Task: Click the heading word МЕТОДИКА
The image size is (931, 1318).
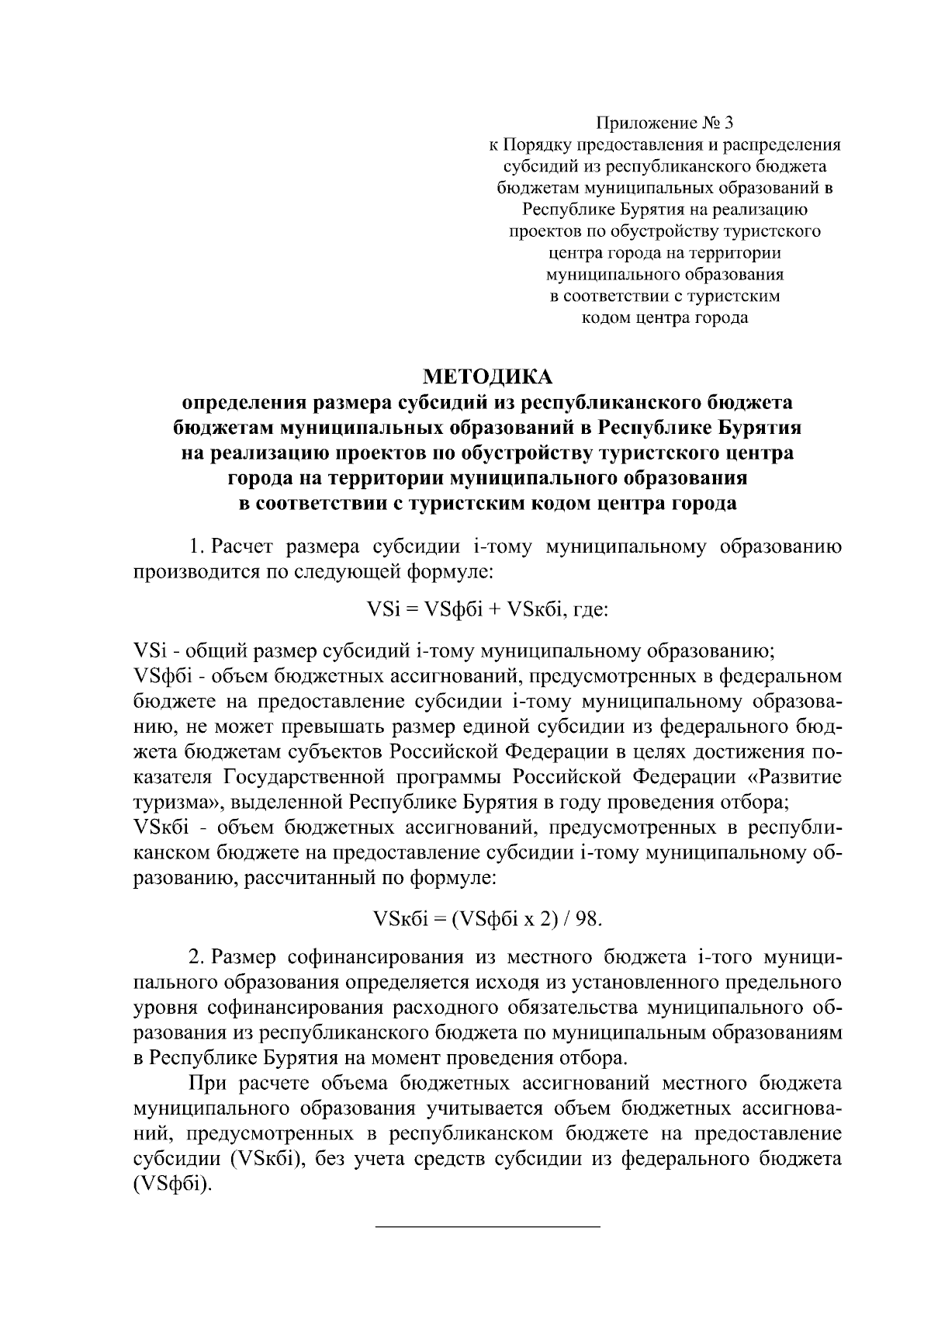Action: click(x=486, y=377)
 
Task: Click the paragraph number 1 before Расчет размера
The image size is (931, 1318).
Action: click(x=196, y=547)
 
